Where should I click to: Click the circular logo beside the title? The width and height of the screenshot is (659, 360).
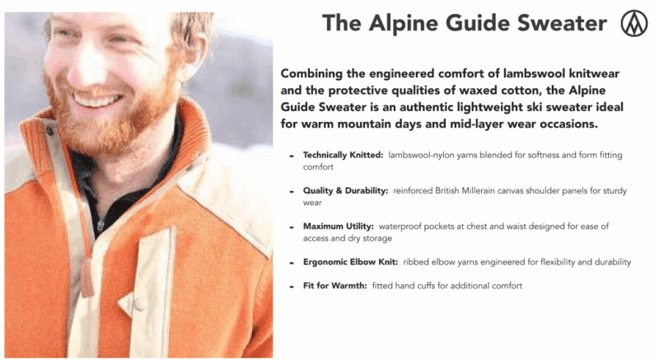click(x=633, y=23)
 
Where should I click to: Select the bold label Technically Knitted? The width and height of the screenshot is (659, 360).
click(x=343, y=155)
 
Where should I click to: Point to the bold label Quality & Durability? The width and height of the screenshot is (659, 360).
click(x=345, y=190)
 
